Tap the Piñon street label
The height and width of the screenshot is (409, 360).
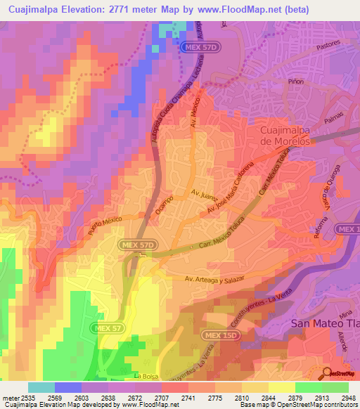click(x=296, y=82)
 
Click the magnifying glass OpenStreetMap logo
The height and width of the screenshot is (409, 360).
click(x=326, y=372)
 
